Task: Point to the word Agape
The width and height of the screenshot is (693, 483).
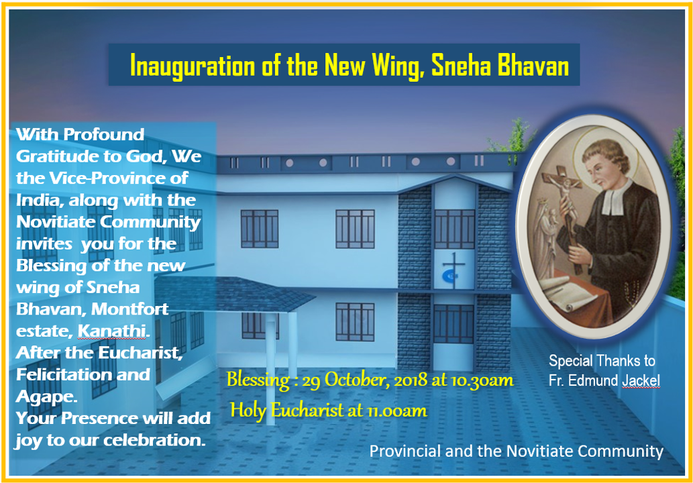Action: coord(46,397)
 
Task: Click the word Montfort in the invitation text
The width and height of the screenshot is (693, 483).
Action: coord(130,309)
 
